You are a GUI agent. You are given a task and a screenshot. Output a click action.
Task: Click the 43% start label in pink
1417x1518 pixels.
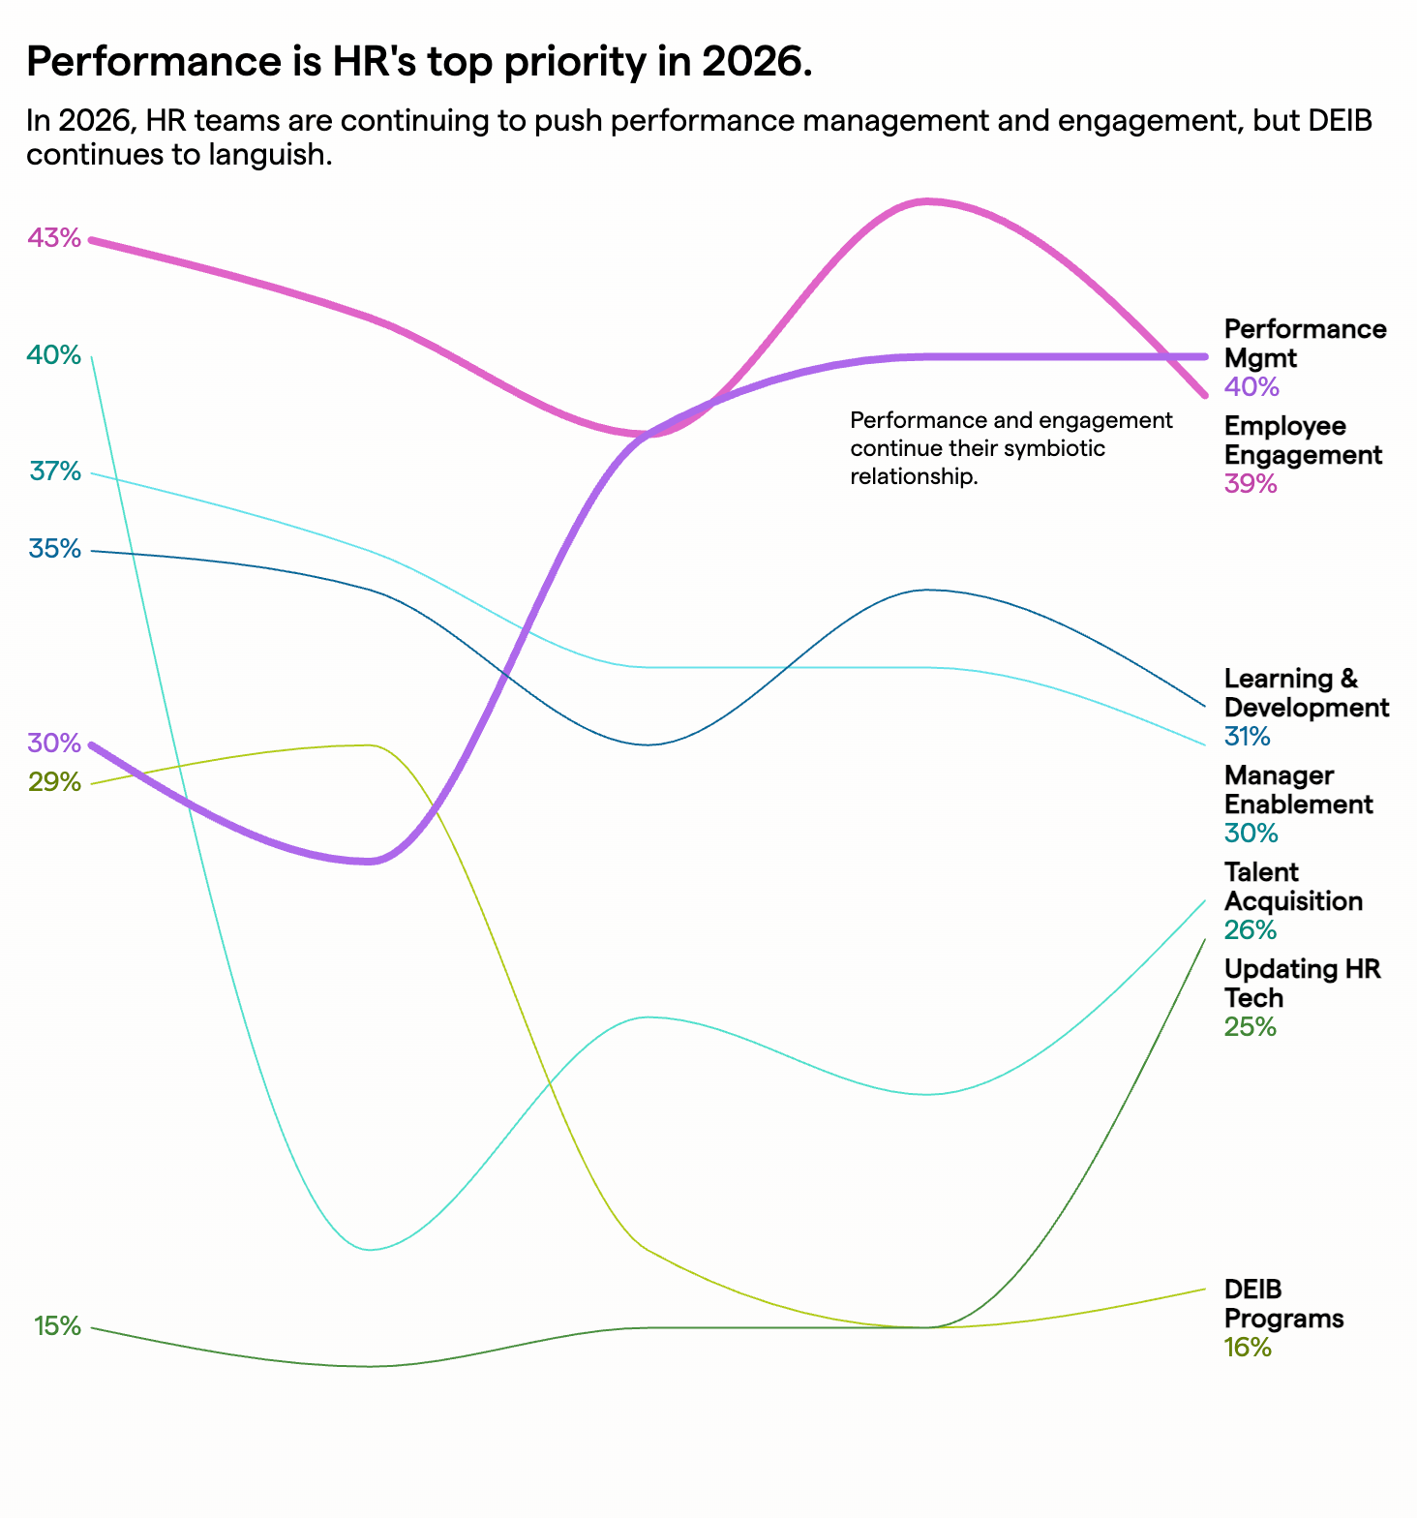click(x=54, y=238)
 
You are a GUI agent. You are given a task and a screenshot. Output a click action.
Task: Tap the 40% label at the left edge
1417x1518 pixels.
click(x=54, y=355)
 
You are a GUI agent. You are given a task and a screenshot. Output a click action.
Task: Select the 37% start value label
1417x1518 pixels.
click(x=55, y=471)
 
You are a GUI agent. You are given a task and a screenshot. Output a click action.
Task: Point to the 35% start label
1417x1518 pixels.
click(x=55, y=549)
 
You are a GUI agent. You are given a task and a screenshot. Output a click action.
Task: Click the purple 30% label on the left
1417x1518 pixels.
click(x=54, y=744)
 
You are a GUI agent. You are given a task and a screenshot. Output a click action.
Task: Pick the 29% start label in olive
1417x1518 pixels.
click(x=54, y=782)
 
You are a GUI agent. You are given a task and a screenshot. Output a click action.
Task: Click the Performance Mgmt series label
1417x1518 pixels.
click(x=1305, y=344)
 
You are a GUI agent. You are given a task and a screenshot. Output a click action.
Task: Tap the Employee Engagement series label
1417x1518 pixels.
click(x=1303, y=440)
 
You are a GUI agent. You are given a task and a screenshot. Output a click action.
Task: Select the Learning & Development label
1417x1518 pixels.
click(x=1306, y=693)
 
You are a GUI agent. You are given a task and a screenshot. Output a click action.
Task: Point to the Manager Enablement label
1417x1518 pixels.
click(x=1298, y=790)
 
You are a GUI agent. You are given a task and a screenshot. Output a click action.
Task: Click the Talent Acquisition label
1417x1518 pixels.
click(x=1293, y=887)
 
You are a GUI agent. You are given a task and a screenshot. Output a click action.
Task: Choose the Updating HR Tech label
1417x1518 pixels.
click(x=1302, y=984)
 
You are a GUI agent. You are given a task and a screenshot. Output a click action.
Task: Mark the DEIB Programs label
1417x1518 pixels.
click(x=1283, y=1304)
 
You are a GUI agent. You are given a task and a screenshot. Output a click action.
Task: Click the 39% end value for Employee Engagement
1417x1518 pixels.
click(x=1251, y=484)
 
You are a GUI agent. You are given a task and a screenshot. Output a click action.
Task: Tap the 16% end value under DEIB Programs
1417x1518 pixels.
click(x=1248, y=1348)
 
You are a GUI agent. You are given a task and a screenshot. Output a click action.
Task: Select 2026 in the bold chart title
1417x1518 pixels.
click(x=756, y=63)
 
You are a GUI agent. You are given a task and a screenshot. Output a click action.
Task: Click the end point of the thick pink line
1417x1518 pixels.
click(x=1204, y=394)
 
